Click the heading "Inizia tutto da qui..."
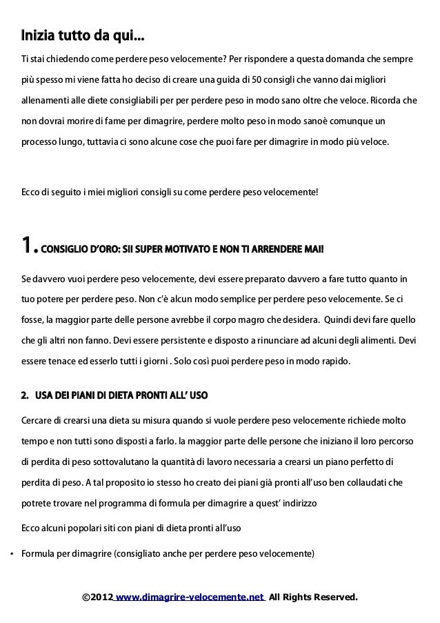coord(82,34)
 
